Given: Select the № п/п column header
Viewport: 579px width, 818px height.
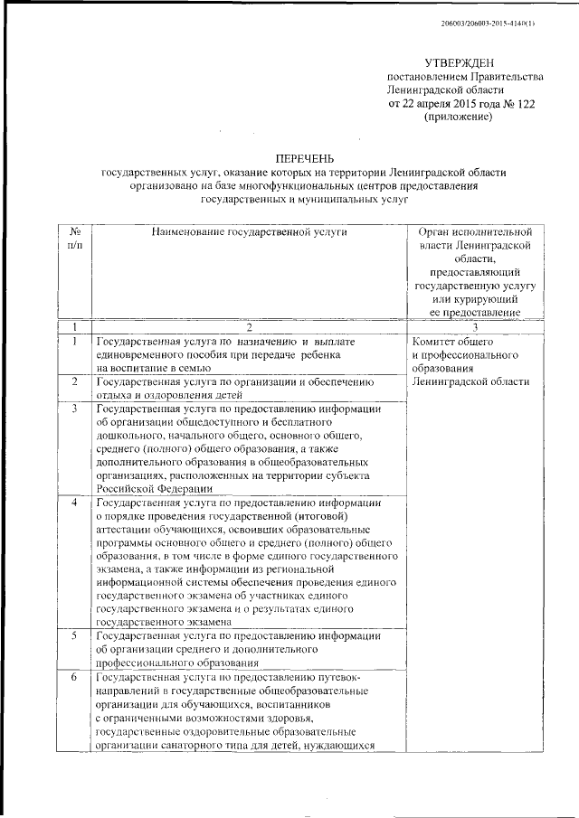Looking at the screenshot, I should pos(75,239).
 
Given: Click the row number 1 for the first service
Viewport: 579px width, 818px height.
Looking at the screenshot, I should pos(75,342).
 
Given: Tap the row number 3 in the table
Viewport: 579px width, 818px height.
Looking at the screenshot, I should pos(75,409).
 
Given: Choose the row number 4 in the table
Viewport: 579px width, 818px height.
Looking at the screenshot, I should pos(75,502).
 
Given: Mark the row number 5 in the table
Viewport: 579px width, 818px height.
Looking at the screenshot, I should pos(75,636).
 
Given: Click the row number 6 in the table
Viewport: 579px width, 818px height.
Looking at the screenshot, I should pos(75,677).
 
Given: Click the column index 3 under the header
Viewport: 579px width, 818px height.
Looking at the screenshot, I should pos(467,326).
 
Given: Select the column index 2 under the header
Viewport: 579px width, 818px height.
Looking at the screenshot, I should pos(250,326).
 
